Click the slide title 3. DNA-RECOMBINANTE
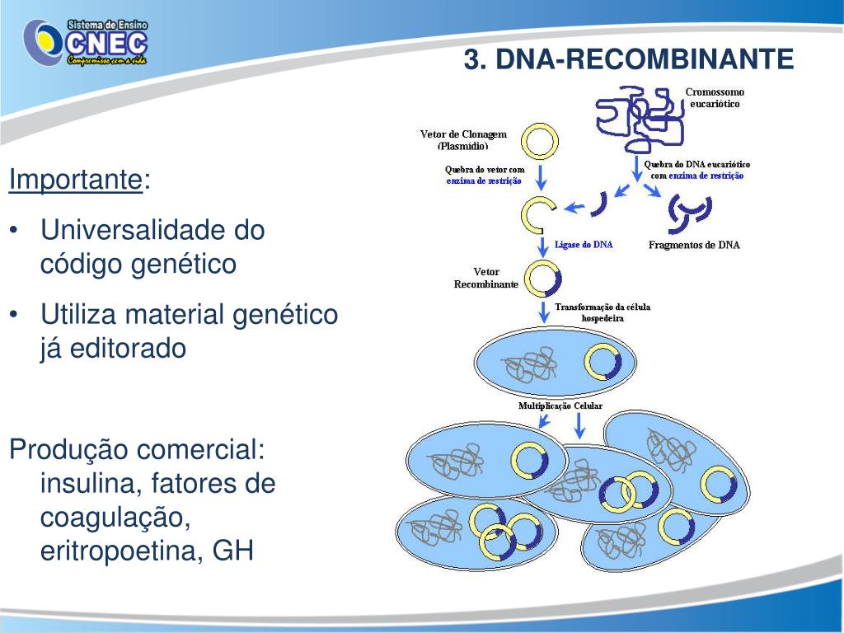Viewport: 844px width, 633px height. click(x=628, y=59)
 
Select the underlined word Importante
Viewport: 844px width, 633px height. click(x=75, y=179)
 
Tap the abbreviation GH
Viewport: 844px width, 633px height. click(x=233, y=551)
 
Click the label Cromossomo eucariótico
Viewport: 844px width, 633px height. click(x=715, y=97)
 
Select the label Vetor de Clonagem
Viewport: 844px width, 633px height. click(x=463, y=134)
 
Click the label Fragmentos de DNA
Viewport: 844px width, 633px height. click(x=694, y=245)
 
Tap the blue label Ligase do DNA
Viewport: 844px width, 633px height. click(x=584, y=245)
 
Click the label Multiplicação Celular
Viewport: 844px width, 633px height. click(x=560, y=406)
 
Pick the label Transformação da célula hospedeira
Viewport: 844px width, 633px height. click(x=603, y=312)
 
